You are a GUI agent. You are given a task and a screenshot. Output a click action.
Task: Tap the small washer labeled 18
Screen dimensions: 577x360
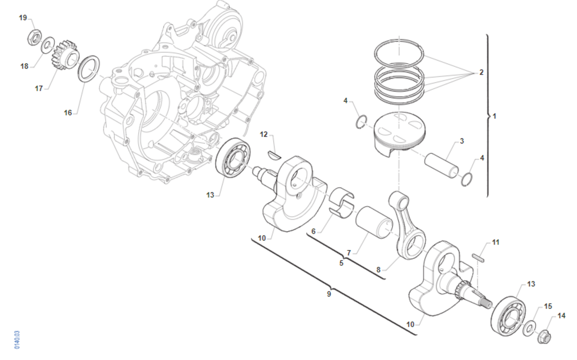pyautogui.click(x=48, y=46)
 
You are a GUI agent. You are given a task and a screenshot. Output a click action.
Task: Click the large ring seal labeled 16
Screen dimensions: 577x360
pyautogui.click(x=88, y=69)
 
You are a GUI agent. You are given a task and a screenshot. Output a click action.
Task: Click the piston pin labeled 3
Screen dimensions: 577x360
pyautogui.click(x=441, y=165)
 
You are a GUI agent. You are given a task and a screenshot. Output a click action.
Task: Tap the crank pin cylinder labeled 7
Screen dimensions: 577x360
pyautogui.click(x=374, y=222)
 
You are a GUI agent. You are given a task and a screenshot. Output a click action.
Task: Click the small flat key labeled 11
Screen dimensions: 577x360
pyautogui.click(x=478, y=258)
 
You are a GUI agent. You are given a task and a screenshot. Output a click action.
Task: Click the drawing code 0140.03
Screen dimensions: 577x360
pyautogui.click(x=17, y=340)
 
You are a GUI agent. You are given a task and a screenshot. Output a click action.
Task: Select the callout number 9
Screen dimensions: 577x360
pyautogui.click(x=329, y=294)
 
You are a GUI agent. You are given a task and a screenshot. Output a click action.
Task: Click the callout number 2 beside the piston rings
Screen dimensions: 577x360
pyautogui.click(x=481, y=73)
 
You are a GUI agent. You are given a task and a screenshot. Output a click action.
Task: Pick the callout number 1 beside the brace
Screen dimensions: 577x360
pyautogui.click(x=494, y=116)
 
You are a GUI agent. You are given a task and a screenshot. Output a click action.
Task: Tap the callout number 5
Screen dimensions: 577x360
pyautogui.click(x=341, y=263)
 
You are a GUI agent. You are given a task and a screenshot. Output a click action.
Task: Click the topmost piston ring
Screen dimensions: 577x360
pyautogui.click(x=399, y=53)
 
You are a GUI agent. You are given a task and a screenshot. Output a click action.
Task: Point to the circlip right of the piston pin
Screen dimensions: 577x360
pyautogui.click(x=466, y=179)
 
